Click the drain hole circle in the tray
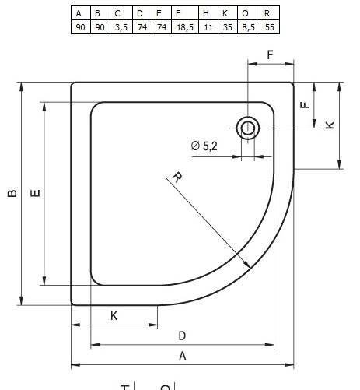pos(248,128)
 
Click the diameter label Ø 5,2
pos(204,146)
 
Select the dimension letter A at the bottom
pos(183,356)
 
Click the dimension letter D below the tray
pos(182,336)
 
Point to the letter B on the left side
pos(12,194)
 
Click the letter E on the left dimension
pos(35,194)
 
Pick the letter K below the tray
pos(114,315)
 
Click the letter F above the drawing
pos(270,55)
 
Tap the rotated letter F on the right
pos(306,101)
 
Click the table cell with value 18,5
pos(183,26)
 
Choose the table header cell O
pos(246,13)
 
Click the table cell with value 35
pos(225,26)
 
